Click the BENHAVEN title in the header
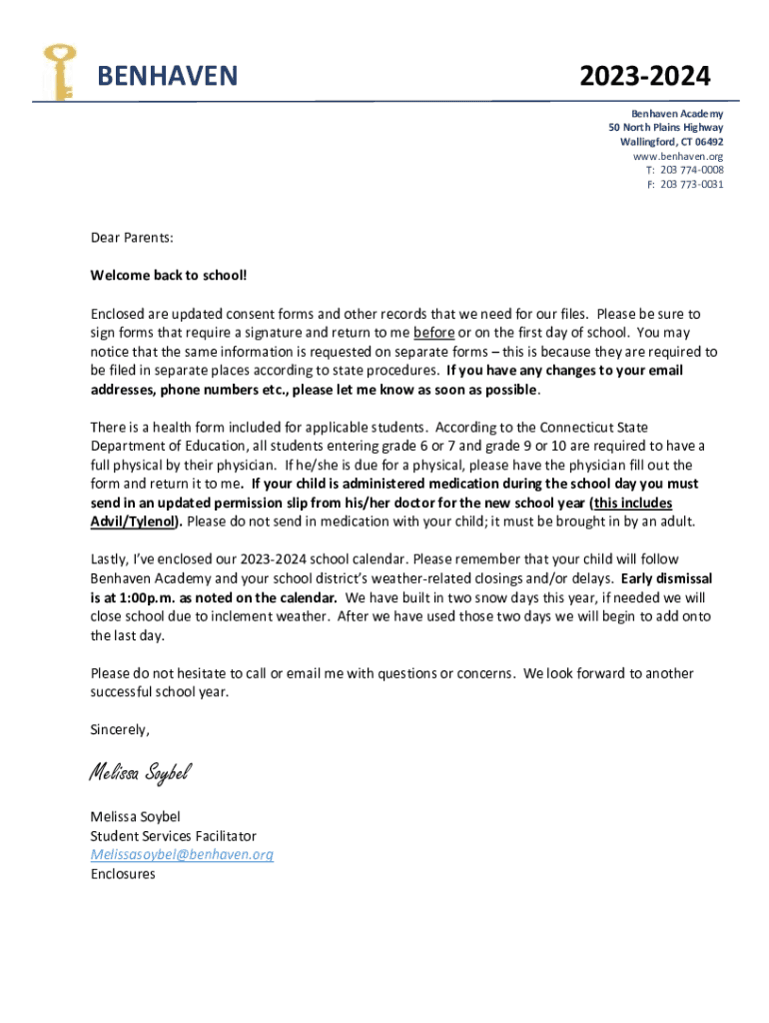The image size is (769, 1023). (x=167, y=76)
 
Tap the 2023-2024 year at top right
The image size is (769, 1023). (x=648, y=76)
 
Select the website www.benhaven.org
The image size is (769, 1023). (x=678, y=156)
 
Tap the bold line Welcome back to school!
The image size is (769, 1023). (x=161, y=275)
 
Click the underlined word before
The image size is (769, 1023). (x=434, y=332)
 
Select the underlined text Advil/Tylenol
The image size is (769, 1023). (x=134, y=521)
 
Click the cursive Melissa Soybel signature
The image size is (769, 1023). (x=139, y=772)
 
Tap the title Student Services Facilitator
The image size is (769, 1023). (x=173, y=835)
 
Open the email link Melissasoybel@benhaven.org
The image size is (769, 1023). (x=181, y=854)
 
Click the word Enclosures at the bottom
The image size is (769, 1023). (x=123, y=873)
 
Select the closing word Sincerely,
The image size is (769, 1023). (x=120, y=729)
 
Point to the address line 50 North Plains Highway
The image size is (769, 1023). (x=666, y=128)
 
